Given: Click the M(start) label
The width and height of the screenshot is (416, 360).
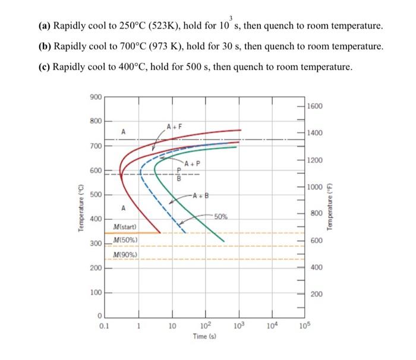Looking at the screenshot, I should [125, 227].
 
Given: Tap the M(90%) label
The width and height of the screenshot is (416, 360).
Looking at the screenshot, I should [125, 255].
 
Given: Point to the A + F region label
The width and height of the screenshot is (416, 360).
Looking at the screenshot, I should [174, 126].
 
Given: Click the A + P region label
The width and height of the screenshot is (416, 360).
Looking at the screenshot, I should [193, 163].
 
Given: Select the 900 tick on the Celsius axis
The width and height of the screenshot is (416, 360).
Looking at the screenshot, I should [95, 96].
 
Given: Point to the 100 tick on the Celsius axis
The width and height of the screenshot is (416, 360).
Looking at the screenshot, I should [95, 293].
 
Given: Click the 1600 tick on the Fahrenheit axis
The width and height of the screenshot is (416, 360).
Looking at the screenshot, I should [315, 106].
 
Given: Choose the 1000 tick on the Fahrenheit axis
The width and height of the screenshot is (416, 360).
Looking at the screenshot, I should [315, 188].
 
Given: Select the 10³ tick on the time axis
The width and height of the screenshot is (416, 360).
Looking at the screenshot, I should [239, 326].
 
